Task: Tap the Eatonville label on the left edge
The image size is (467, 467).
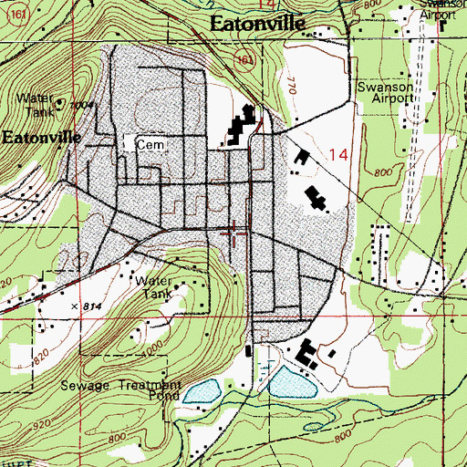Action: pos(41,138)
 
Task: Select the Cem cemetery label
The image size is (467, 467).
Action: pos(147,144)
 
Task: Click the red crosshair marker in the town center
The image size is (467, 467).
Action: pos(234,233)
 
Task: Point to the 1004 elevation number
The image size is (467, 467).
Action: pos(85,105)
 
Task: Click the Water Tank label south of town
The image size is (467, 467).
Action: pos(152,288)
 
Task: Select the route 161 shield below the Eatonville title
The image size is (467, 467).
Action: pos(241,57)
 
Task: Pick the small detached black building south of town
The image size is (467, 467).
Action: pos(249,350)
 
